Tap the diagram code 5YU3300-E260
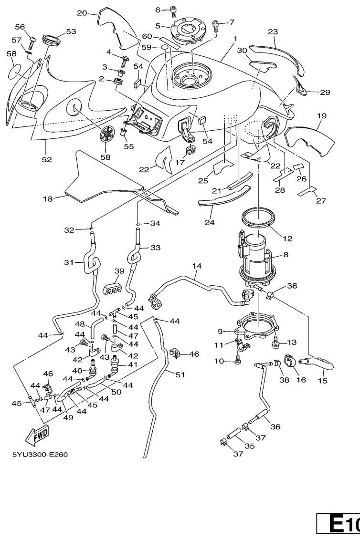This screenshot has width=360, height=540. coord(40,454)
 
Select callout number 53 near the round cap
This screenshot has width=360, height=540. coord(71,31)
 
